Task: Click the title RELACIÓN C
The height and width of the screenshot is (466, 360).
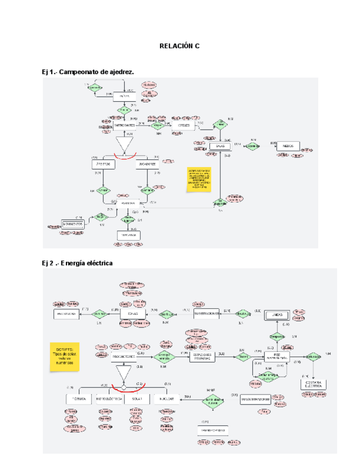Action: pos(179,47)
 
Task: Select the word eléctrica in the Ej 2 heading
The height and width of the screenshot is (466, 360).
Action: pos(97,263)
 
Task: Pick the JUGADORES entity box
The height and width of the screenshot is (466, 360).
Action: pos(147,164)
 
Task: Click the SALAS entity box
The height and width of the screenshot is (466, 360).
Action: pos(220,147)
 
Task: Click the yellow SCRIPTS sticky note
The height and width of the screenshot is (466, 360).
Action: pos(65,356)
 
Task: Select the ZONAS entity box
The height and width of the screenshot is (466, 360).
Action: pos(132,313)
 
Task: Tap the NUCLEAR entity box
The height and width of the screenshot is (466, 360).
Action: pos(168,398)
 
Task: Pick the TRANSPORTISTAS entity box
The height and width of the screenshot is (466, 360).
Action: pos(212,430)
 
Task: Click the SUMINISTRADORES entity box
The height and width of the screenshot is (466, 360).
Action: pos(255,400)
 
